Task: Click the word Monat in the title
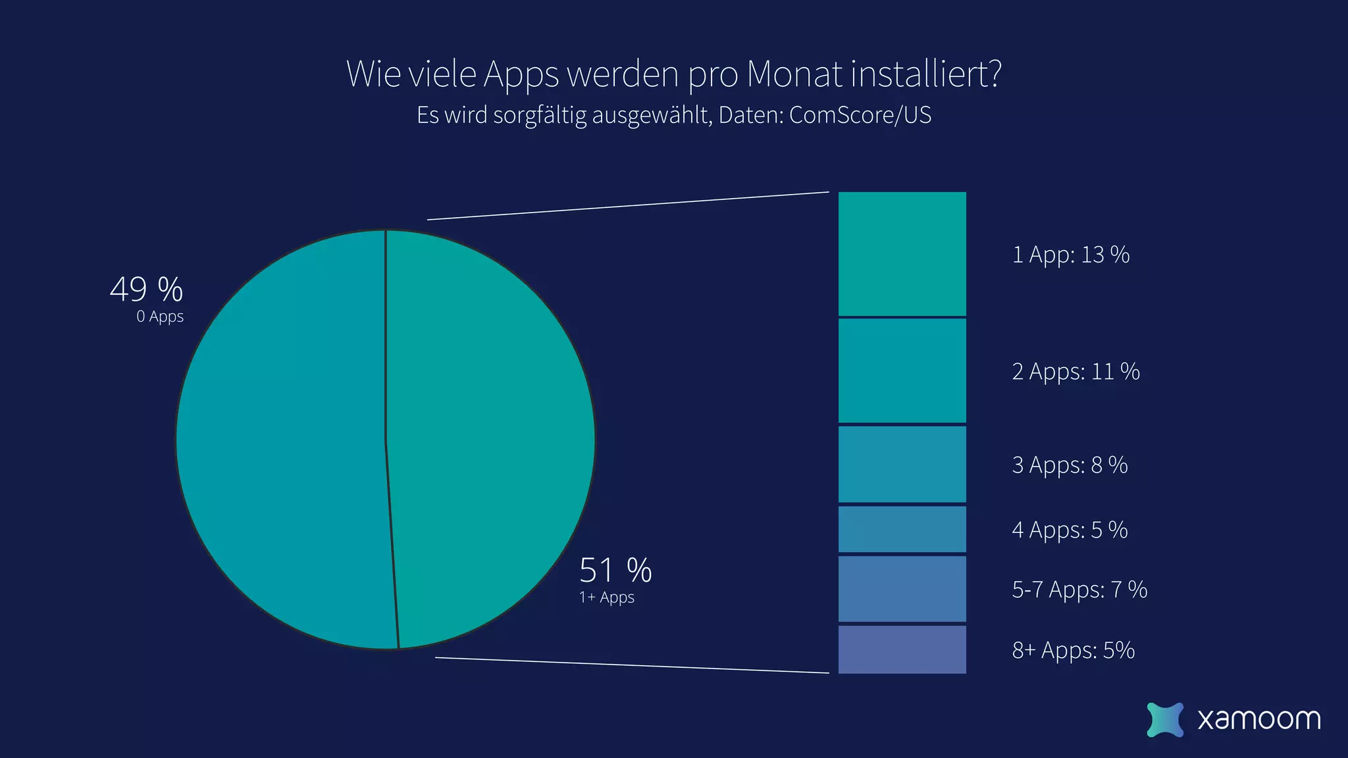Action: (x=794, y=74)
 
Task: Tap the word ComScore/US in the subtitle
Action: (x=860, y=115)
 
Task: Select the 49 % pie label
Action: (x=146, y=290)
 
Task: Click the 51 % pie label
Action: (x=615, y=570)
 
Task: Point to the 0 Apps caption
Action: (x=160, y=316)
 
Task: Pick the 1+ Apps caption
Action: (x=606, y=597)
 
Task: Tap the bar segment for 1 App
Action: (x=902, y=254)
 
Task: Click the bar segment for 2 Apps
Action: (x=902, y=370)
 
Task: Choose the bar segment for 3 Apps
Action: (x=902, y=465)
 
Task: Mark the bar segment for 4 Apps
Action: (x=902, y=529)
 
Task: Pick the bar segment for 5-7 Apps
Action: (x=902, y=589)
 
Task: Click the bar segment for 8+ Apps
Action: (x=902, y=649)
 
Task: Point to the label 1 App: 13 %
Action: (x=1070, y=255)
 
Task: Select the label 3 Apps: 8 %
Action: (x=1070, y=465)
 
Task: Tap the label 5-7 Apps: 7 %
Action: (x=1079, y=590)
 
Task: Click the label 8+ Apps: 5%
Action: (x=1073, y=650)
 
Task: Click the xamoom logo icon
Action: (x=1164, y=719)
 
